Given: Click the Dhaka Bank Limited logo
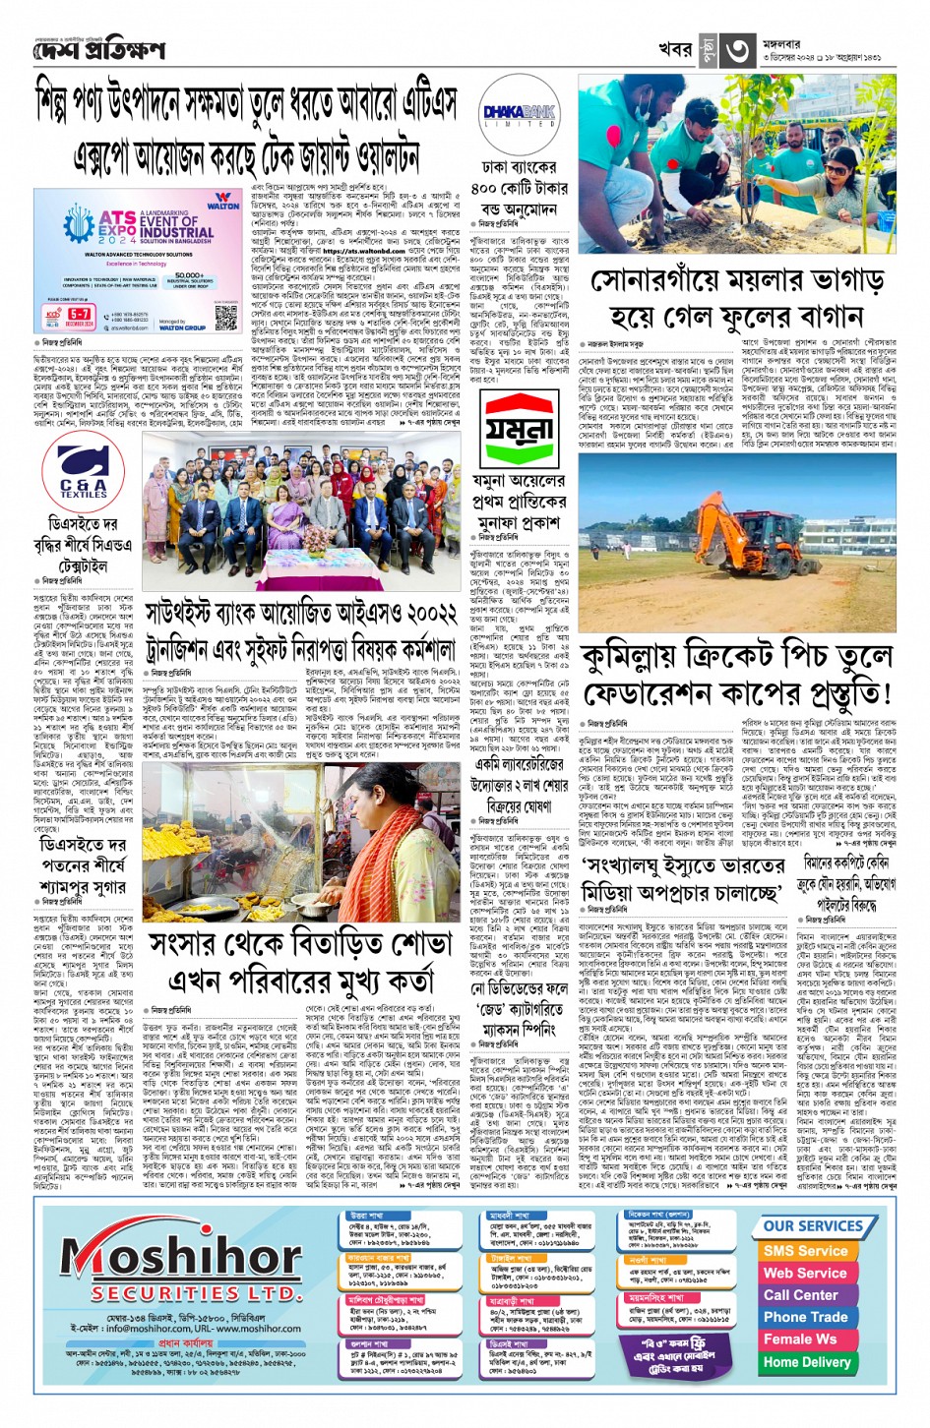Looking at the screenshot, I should coord(519,116).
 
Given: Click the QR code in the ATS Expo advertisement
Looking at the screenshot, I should coord(225,317).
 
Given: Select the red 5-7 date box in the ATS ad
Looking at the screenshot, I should coord(80,317).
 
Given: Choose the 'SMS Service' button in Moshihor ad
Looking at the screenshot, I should coord(805,1250).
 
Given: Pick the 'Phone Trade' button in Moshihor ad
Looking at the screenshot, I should coord(805,1317).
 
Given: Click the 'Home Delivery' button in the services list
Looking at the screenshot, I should coord(806,1362).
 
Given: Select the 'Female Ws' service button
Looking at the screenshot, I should coord(799,1339).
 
